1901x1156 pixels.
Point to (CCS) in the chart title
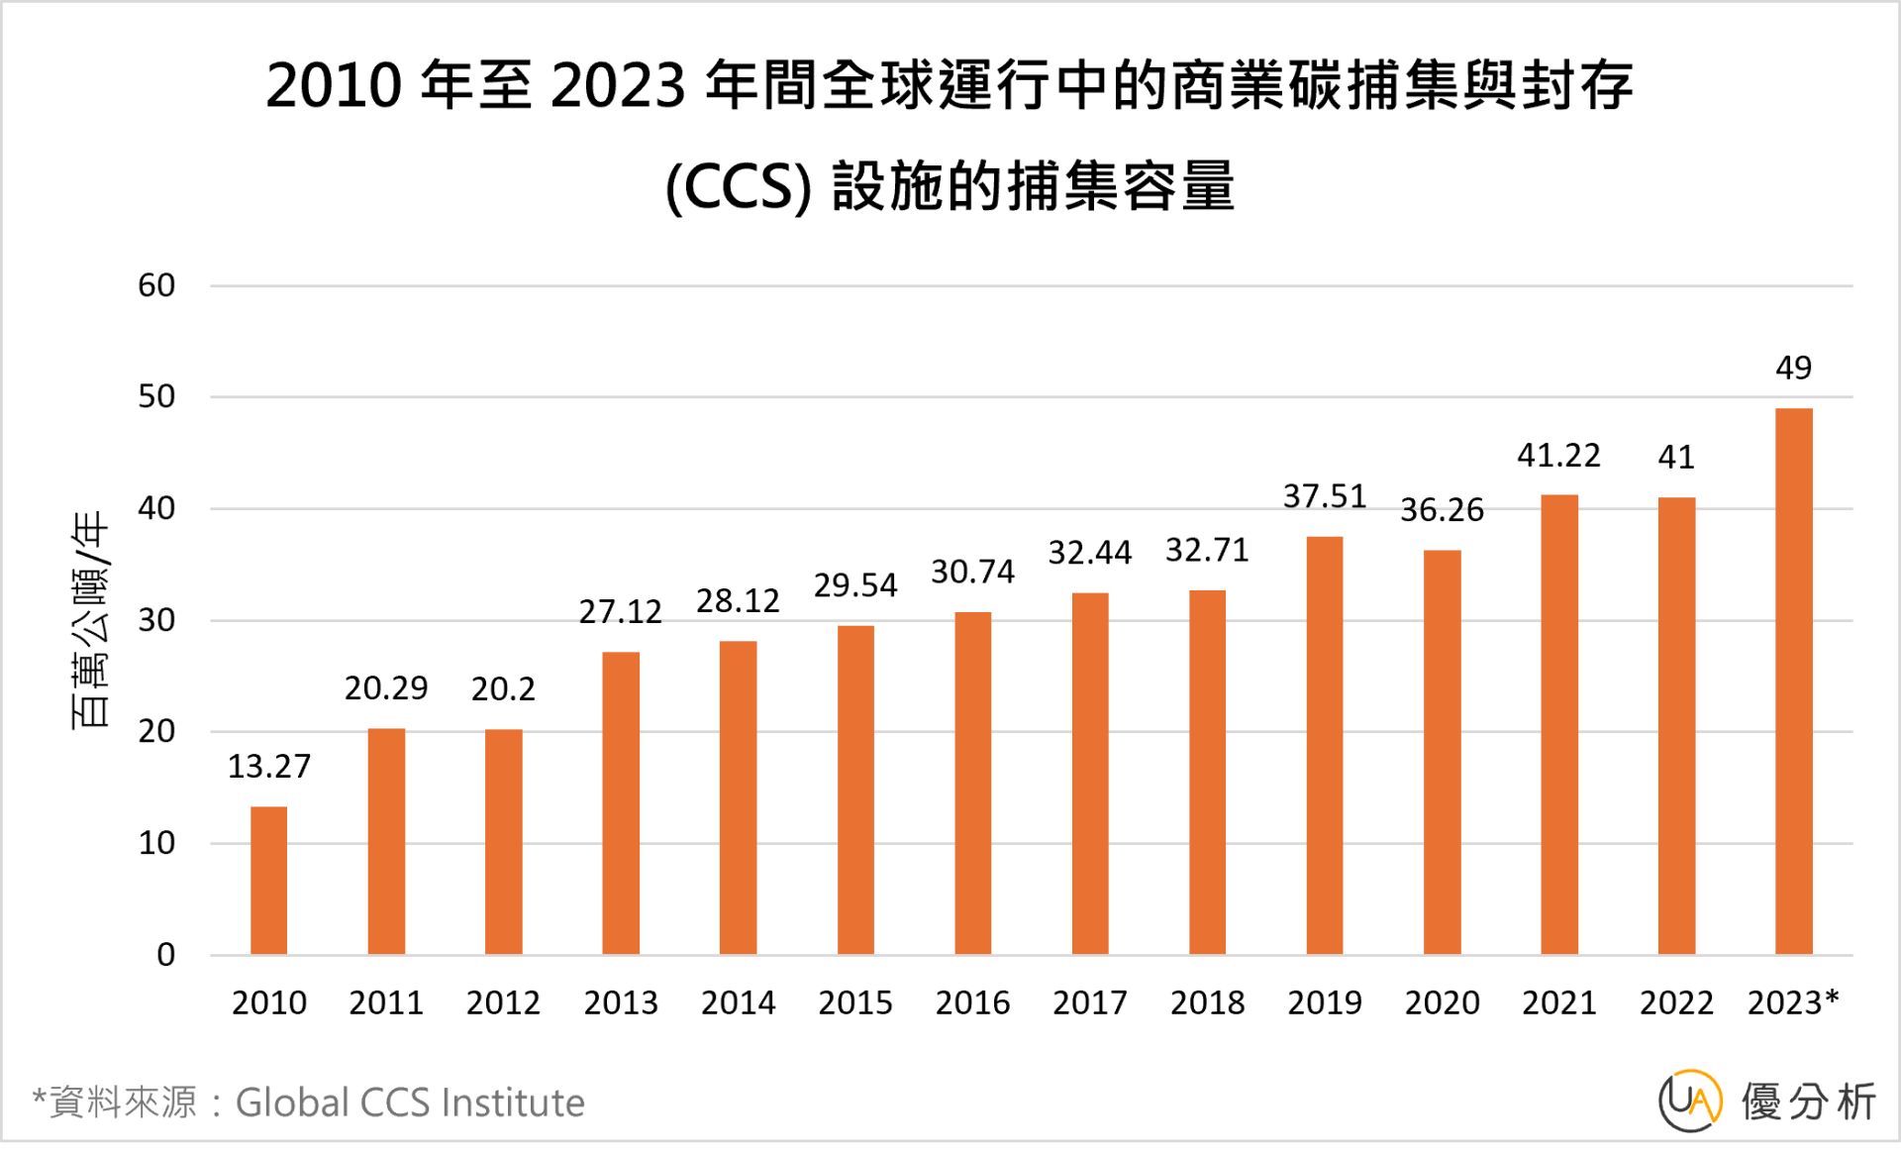(x=738, y=188)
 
